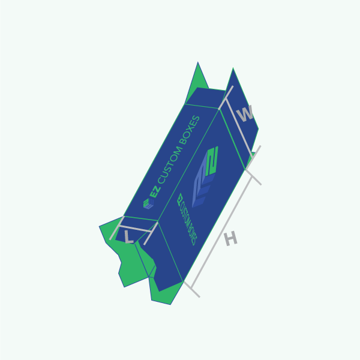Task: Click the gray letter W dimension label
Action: (x=245, y=113)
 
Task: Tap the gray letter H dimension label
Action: (x=231, y=239)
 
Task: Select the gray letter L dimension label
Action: (x=128, y=237)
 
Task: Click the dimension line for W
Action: (x=239, y=128)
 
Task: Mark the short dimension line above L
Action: (x=136, y=229)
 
